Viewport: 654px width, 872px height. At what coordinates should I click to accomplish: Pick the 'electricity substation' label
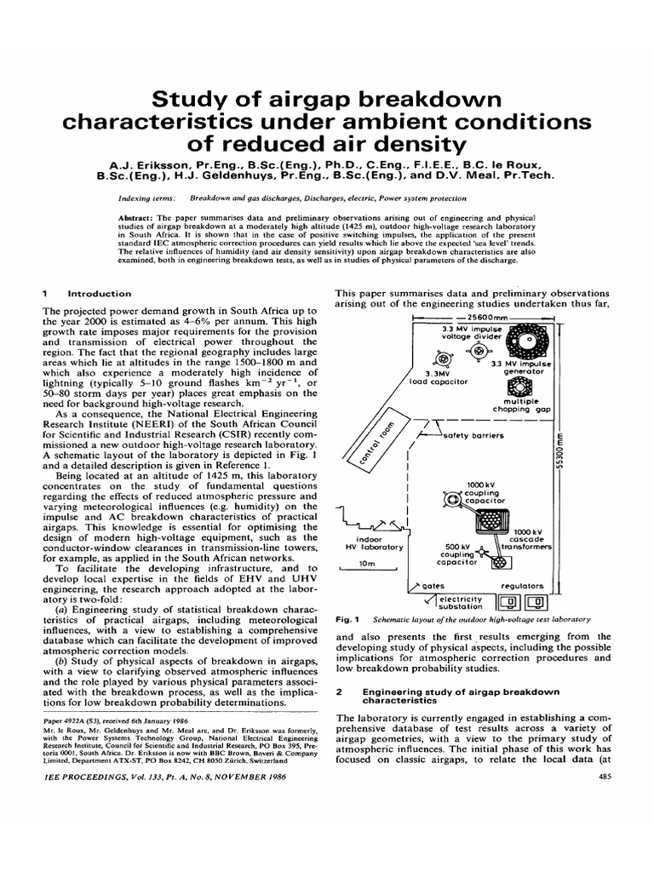coord(459,603)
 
